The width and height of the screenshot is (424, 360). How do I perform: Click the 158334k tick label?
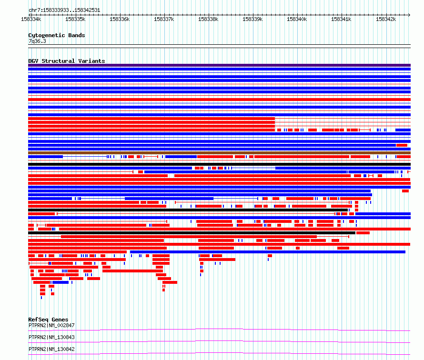(31, 19)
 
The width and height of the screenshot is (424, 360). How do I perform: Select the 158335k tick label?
(75, 19)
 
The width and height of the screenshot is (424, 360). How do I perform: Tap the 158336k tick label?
(120, 19)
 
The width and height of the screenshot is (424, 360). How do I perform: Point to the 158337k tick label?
(164, 19)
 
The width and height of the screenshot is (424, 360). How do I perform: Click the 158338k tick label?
(209, 19)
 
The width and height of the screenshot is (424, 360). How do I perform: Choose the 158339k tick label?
(252, 19)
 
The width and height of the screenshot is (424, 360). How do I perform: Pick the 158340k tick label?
(297, 19)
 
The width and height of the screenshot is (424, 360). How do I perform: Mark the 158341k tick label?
(341, 19)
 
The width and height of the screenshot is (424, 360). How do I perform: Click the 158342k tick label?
(386, 19)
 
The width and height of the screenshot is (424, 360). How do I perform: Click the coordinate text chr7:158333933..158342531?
(64, 10)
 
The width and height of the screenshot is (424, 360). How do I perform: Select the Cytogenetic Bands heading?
(57, 35)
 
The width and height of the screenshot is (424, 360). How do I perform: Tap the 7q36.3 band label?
(37, 41)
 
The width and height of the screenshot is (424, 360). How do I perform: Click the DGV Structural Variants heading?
(67, 61)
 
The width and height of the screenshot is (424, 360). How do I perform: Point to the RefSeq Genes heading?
(49, 320)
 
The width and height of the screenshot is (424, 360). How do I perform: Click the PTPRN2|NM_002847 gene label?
(51, 325)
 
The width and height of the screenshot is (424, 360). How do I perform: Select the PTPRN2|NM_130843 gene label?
(51, 337)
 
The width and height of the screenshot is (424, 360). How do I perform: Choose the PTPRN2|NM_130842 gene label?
(51, 349)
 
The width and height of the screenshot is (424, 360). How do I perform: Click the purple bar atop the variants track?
(219, 65)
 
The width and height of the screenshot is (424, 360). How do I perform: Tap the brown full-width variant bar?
(219, 153)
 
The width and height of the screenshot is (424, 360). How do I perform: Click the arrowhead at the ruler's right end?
(409, 15)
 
